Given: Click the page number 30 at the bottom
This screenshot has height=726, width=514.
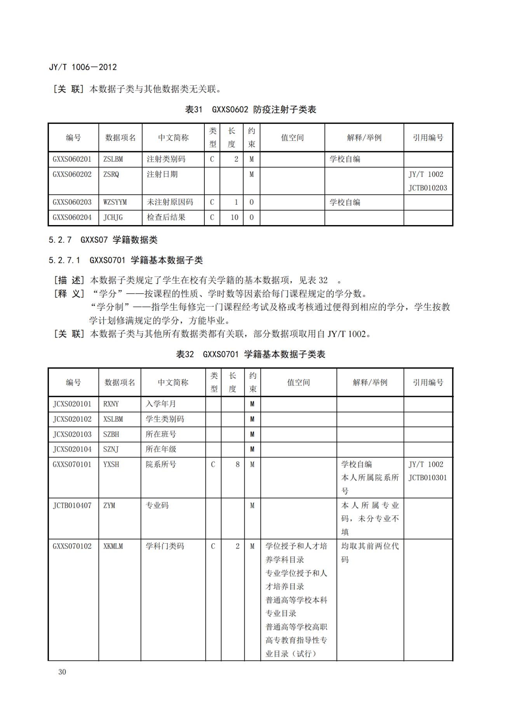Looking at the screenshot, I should coord(62,672).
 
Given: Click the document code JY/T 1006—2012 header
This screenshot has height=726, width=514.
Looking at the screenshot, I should coord(83,67).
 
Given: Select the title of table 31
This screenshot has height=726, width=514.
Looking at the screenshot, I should coord(251,109).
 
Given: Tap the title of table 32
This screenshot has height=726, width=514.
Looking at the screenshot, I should coord(251,354).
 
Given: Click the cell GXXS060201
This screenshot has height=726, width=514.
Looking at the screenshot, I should coord(72,159).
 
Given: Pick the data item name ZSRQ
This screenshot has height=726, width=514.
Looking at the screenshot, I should coord(111,174).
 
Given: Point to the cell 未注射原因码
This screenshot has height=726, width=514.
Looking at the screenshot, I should coord(170,202).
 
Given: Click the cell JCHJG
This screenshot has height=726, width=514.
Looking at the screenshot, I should coord(113,217).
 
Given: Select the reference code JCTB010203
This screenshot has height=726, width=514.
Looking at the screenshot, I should coord(428,188).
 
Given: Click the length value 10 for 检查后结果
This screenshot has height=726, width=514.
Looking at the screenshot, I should coord(234,217).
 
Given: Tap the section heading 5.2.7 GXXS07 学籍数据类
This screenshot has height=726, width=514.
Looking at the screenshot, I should coord(103,240).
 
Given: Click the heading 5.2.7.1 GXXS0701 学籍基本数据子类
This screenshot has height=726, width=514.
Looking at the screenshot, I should coord(125,260).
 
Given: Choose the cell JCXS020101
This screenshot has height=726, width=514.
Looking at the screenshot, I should coord(72,404).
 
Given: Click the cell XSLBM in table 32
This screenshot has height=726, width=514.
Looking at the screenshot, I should coord(113,419).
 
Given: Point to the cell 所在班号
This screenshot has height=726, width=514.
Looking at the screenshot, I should coord(161,434).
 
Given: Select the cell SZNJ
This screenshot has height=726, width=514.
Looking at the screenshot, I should coord(111,449).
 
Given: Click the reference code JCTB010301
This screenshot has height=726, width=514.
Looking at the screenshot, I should coord(428,478).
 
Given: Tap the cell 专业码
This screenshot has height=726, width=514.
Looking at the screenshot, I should coord(157,506).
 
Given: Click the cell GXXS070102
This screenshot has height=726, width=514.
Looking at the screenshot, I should coord(72,546).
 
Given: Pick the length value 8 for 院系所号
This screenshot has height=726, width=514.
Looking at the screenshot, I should coord(237,464).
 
